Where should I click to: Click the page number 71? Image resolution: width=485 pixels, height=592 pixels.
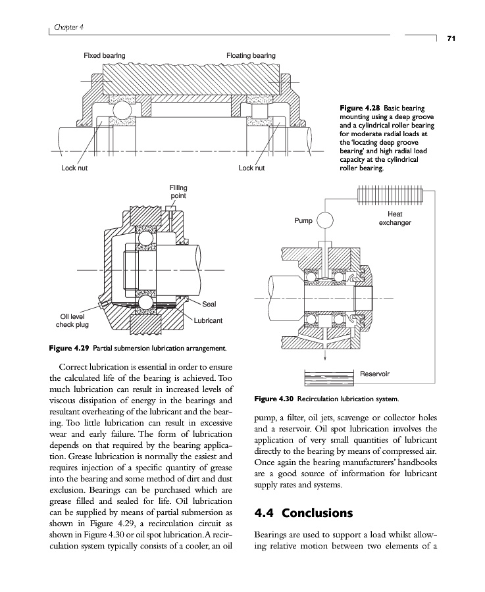click(451, 39)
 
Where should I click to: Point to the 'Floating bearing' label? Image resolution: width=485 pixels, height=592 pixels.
click(251, 55)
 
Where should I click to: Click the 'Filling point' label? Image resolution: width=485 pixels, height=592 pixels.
click(178, 191)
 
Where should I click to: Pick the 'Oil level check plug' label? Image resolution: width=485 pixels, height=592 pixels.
click(72, 320)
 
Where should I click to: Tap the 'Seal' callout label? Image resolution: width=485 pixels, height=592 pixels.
click(209, 304)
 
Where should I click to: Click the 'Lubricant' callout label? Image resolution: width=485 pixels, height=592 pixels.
click(208, 320)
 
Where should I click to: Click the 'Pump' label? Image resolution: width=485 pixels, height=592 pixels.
click(303, 221)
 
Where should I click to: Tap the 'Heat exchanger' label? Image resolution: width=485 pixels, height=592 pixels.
click(395, 218)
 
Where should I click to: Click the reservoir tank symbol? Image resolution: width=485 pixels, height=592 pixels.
click(330, 379)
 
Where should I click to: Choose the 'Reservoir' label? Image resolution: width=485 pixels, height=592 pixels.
click(374, 374)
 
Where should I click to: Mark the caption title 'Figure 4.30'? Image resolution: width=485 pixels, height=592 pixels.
click(274, 399)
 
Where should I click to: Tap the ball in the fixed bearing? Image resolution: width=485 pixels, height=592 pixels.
click(123, 109)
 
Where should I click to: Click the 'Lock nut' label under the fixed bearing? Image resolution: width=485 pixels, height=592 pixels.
click(74, 168)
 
